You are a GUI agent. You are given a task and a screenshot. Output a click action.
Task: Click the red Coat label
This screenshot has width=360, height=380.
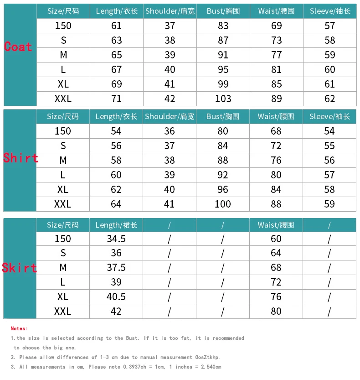point(18,47)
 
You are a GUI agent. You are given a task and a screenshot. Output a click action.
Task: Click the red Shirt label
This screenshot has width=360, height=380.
point(21,158)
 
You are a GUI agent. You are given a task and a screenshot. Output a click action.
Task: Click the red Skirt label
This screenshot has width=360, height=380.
point(20,268)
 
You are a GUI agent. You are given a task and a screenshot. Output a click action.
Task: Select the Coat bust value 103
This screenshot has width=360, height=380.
point(223,99)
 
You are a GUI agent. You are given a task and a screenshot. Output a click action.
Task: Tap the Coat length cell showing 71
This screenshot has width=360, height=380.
point(117,99)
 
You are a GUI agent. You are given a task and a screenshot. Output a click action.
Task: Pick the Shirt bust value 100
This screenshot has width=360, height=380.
point(223,204)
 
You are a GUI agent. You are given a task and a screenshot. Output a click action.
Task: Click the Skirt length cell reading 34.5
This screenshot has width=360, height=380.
point(116,239)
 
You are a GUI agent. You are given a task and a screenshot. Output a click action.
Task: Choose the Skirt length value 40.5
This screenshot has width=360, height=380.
point(116,297)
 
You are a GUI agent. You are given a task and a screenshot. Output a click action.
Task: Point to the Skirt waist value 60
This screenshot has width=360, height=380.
point(276,239)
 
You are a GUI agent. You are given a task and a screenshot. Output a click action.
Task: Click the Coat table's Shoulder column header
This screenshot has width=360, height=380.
point(170,11)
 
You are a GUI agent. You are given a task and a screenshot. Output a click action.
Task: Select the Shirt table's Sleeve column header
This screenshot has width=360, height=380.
point(329,116)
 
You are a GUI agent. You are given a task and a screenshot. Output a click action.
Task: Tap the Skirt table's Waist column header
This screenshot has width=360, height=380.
point(276,225)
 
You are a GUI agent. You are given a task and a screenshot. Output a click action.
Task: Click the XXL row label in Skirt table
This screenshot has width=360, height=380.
point(63,311)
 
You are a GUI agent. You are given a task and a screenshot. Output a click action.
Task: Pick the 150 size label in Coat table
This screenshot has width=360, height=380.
point(63,26)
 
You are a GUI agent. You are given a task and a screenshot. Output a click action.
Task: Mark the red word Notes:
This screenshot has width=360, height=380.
point(19,328)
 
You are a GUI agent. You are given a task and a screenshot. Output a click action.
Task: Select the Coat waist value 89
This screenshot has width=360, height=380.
point(277,99)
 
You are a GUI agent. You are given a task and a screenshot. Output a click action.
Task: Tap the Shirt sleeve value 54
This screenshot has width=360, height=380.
point(329,131)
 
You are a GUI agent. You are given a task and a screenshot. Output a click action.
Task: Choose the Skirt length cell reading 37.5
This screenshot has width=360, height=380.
point(116,267)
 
